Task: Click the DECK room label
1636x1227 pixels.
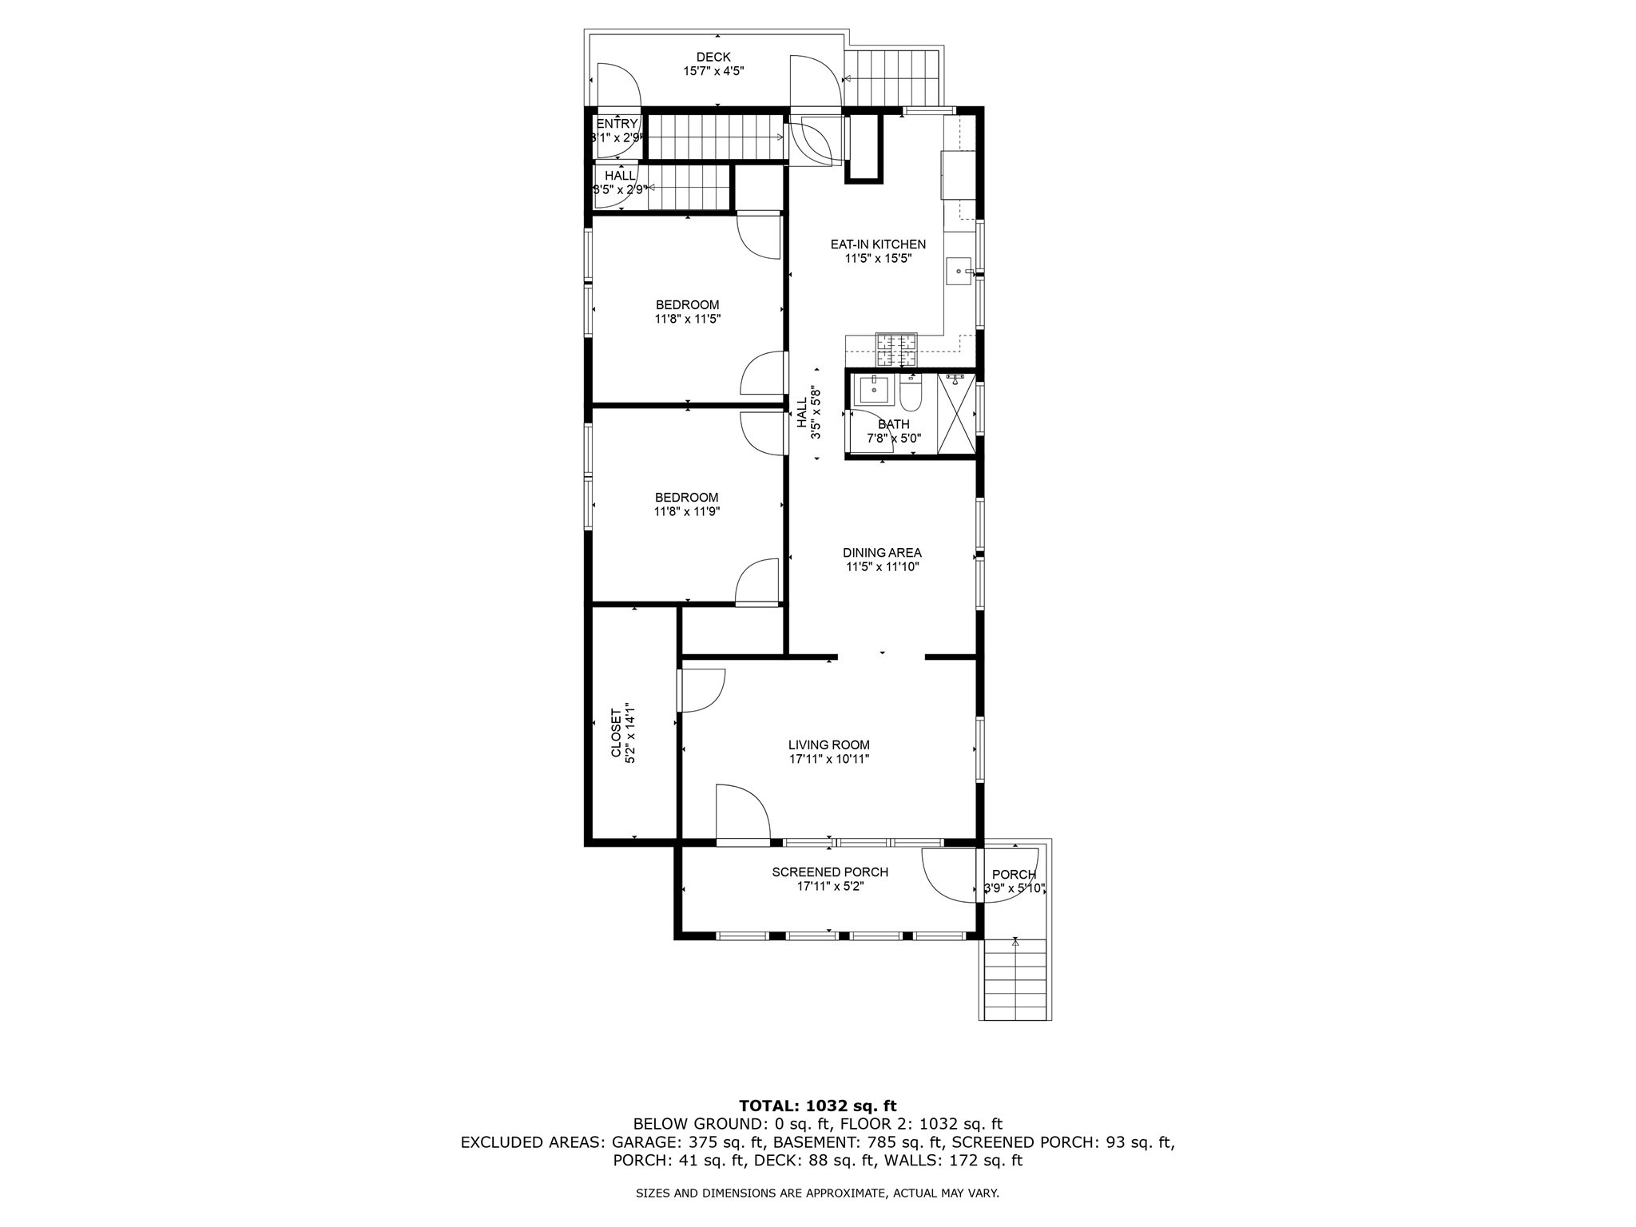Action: click(713, 57)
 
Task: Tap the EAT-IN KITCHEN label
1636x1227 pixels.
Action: click(877, 244)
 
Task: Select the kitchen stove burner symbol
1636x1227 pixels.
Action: click(896, 349)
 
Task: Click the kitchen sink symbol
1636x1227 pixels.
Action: click(959, 271)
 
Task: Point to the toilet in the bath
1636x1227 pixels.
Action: click(911, 393)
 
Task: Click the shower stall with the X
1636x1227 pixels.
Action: click(956, 415)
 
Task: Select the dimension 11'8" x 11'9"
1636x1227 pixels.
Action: click(686, 512)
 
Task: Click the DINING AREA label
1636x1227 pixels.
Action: click(882, 553)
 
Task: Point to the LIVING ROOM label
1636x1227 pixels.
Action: click(828, 745)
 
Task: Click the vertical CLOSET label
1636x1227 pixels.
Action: click(616, 733)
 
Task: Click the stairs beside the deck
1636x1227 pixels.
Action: click(892, 77)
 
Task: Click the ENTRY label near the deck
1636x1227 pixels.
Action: click(617, 124)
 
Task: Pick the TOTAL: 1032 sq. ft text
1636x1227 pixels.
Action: click(817, 1106)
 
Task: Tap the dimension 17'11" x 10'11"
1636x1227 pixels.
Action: click(828, 760)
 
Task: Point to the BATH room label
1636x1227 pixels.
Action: click(893, 424)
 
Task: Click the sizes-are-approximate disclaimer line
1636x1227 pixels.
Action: click(817, 1193)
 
